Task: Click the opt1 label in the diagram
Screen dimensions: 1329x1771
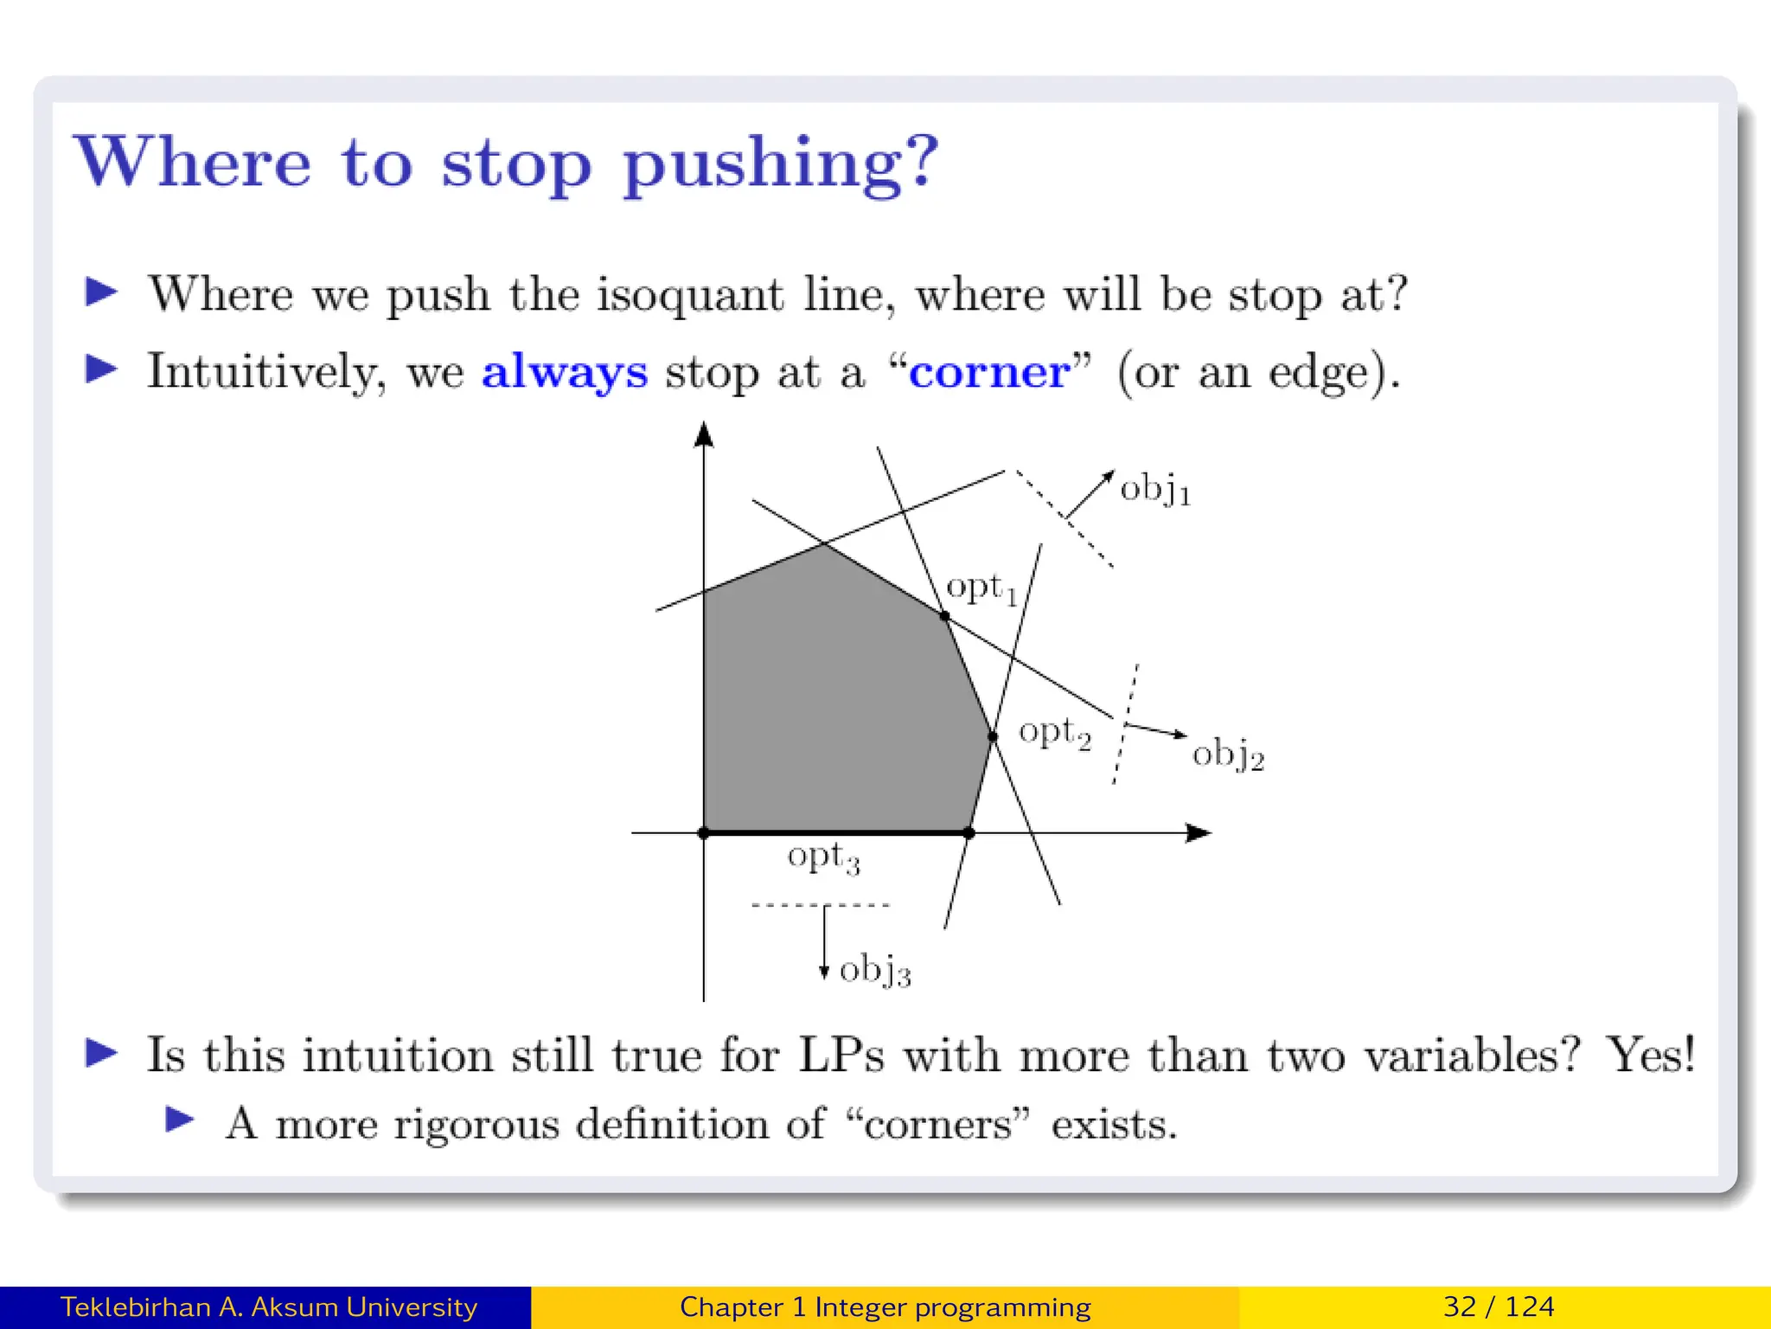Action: (981, 588)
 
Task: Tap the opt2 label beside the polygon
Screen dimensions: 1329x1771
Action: (1054, 733)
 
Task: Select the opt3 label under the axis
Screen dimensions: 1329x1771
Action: (823, 857)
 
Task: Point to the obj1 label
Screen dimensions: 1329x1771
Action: (1155, 491)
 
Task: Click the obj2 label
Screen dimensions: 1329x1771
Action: (1228, 754)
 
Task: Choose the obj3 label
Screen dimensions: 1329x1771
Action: (875, 970)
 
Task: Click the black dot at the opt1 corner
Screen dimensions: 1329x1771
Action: (944, 616)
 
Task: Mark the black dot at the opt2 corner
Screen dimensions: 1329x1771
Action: (993, 736)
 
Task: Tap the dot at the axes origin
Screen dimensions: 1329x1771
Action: (704, 833)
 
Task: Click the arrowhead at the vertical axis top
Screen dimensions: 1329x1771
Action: (704, 433)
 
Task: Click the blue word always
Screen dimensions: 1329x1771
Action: (564, 372)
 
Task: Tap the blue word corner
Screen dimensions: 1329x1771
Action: (989, 372)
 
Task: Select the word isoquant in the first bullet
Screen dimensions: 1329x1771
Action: (689, 294)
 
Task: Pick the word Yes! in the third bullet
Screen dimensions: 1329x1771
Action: (1650, 1055)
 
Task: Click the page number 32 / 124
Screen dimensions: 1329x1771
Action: (1499, 1307)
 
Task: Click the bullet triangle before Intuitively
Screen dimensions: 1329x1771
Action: (102, 369)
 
